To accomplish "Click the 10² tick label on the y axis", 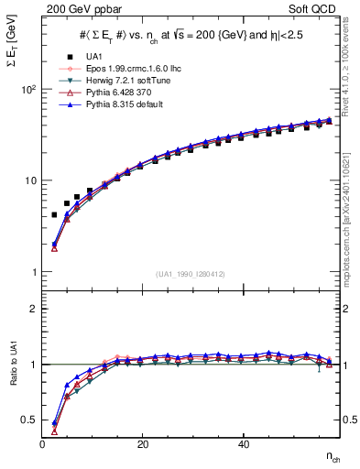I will point(28,90).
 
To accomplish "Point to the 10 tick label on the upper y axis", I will point(29,180).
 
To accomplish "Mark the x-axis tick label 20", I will point(142,443).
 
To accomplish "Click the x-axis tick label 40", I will point(243,443).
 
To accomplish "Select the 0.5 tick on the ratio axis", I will point(27,420).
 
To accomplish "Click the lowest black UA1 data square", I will point(54,214).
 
